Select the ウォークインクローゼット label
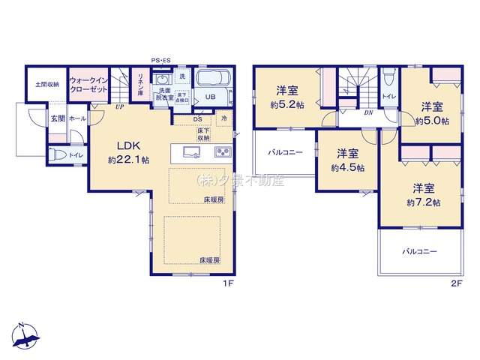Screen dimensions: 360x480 (x=88, y=85)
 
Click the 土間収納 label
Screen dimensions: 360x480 (x=46, y=85)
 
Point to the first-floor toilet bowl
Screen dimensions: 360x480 (x=59, y=154)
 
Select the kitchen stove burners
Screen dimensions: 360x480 (x=223, y=153)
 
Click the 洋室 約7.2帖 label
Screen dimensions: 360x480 (x=423, y=196)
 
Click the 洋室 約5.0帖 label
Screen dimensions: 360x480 (x=433, y=113)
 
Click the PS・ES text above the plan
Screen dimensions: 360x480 (x=162, y=60)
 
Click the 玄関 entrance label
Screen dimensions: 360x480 (x=57, y=118)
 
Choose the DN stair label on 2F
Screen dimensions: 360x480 (x=368, y=112)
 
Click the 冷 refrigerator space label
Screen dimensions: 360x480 (x=223, y=119)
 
